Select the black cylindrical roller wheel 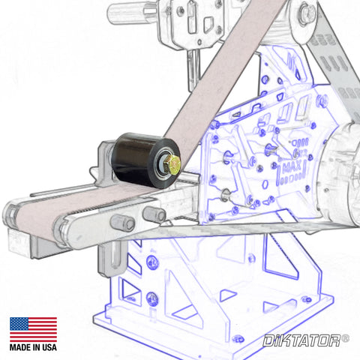(x=145, y=160)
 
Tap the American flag (x=33, y=329)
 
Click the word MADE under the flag (x=20, y=347)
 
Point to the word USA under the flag (x=49, y=347)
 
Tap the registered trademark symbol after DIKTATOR (x=345, y=338)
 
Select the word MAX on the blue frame (x=292, y=166)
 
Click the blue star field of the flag (x=19, y=324)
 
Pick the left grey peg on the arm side (x=123, y=223)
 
